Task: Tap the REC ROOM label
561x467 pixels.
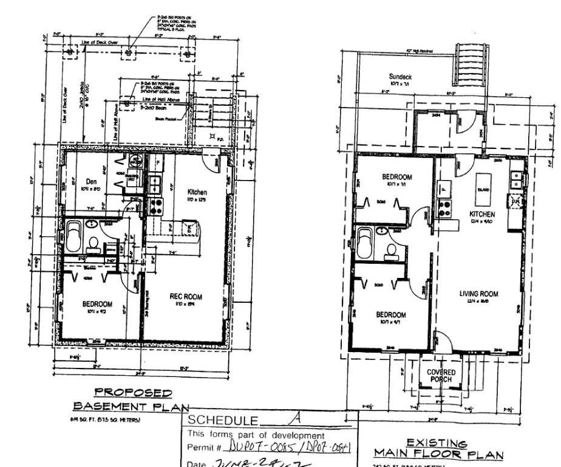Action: [185, 297]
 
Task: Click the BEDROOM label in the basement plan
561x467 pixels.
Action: [97, 304]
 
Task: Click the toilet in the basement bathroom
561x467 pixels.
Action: [93, 244]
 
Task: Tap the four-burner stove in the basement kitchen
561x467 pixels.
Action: [156, 206]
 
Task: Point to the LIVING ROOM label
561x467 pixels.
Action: [478, 294]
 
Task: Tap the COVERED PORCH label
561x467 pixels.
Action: [441, 375]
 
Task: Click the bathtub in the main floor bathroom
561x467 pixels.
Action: [366, 242]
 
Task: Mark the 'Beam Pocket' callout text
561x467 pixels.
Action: [167, 119]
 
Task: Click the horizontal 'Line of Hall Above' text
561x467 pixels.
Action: [160, 99]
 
